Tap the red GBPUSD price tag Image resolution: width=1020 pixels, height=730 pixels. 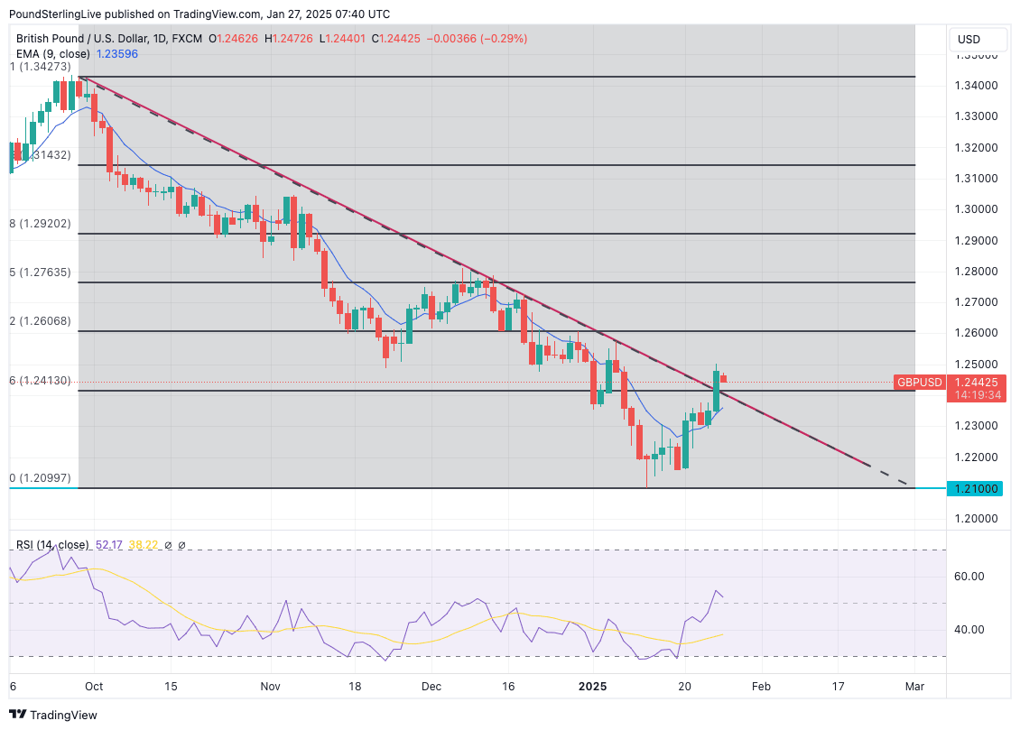tap(919, 383)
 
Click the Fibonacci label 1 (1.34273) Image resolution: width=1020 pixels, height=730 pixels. tap(40, 67)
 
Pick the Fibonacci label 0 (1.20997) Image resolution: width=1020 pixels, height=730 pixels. tap(40, 478)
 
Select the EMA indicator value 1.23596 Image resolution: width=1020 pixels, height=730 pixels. tap(116, 54)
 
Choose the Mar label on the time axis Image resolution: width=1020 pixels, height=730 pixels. tap(914, 687)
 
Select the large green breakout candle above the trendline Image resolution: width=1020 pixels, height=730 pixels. tap(716, 390)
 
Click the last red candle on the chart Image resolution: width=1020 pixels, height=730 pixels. tap(724, 378)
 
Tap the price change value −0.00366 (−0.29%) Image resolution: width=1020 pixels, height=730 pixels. tap(480, 39)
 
